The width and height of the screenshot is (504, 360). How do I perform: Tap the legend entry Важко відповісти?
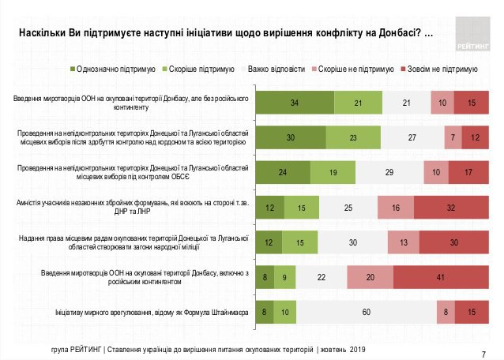tap(277, 69)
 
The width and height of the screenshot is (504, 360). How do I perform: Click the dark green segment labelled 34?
tap(295, 103)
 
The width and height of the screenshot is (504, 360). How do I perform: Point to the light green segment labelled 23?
tap(352, 137)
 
